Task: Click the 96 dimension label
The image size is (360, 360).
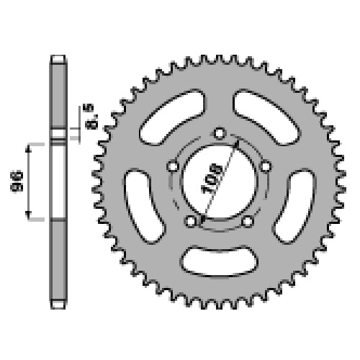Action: pos(17,181)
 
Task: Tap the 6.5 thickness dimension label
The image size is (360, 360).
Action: pos(91,117)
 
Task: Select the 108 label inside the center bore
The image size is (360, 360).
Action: pos(212,179)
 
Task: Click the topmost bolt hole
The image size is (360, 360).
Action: pos(220,133)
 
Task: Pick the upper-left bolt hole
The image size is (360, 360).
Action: pos(173,166)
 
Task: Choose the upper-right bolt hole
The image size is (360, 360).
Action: pos(266,166)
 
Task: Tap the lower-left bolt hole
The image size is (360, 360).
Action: pos(190,221)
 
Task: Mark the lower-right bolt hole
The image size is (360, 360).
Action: pos(248,221)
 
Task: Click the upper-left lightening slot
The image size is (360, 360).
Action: pos(172,117)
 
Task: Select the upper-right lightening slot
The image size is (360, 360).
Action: pos(267,117)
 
